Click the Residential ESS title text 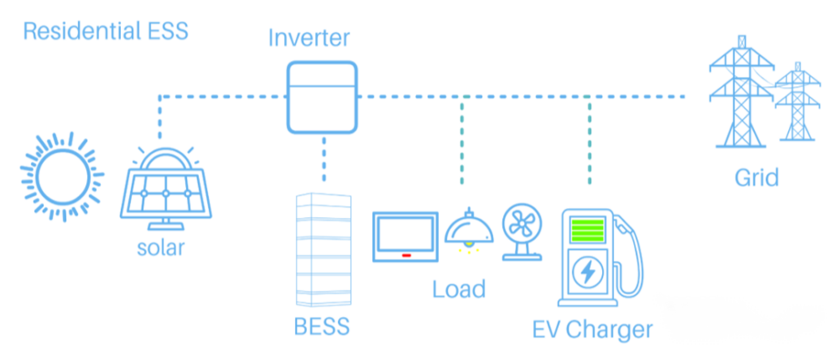tap(106, 32)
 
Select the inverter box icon tap(322, 97)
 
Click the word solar tap(160, 247)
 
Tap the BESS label tap(322, 327)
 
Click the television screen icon tap(404, 236)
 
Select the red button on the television tap(404, 254)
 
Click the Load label tap(458, 288)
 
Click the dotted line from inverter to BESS tap(323, 159)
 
